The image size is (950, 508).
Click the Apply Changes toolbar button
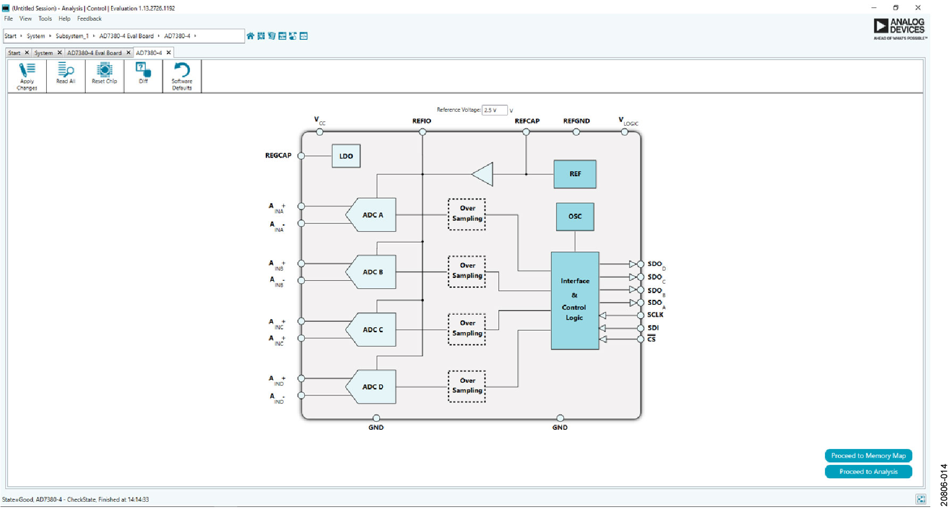(27, 76)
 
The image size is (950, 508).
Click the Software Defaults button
(182, 76)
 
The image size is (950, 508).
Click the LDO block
(346, 156)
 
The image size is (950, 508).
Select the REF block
(575, 174)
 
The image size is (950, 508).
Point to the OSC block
(575, 216)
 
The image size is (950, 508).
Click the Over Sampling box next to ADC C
(467, 329)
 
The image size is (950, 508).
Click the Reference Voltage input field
(494, 110)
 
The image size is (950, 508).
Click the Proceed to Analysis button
(868, 472)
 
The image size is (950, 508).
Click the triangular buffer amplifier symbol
(484, 174)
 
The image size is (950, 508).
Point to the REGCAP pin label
(278, 156)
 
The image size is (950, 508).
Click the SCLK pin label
(655, 315)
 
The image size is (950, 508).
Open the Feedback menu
(89, 19)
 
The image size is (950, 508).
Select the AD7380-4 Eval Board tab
(95, 53)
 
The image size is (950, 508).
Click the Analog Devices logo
(899, 29)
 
